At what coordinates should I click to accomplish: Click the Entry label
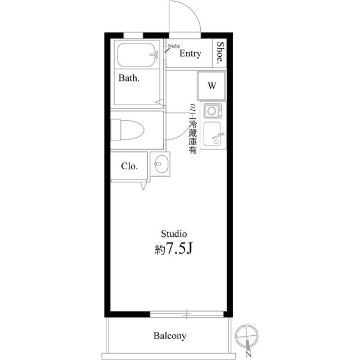tap(190, 53)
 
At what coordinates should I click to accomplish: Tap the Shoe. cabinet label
tap(220, 52)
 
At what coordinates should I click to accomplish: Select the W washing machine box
tap(211, 85)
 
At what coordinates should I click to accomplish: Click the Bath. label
tap(129, 78)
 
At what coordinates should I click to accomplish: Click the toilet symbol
tap(127, 130)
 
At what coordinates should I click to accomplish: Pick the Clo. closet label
tap(129, 166)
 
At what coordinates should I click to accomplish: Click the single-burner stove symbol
tap(213, 111)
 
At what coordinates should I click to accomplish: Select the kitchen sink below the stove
tap(213, 134)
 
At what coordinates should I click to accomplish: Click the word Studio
tap(174, 234)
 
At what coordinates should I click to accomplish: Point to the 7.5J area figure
tap(179, 249)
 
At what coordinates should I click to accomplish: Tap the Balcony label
tap(170, 336)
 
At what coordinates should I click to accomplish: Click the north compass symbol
tap(247, 338)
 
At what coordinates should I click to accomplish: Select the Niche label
tap(174, 46)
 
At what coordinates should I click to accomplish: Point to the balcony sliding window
tap(187, 314)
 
